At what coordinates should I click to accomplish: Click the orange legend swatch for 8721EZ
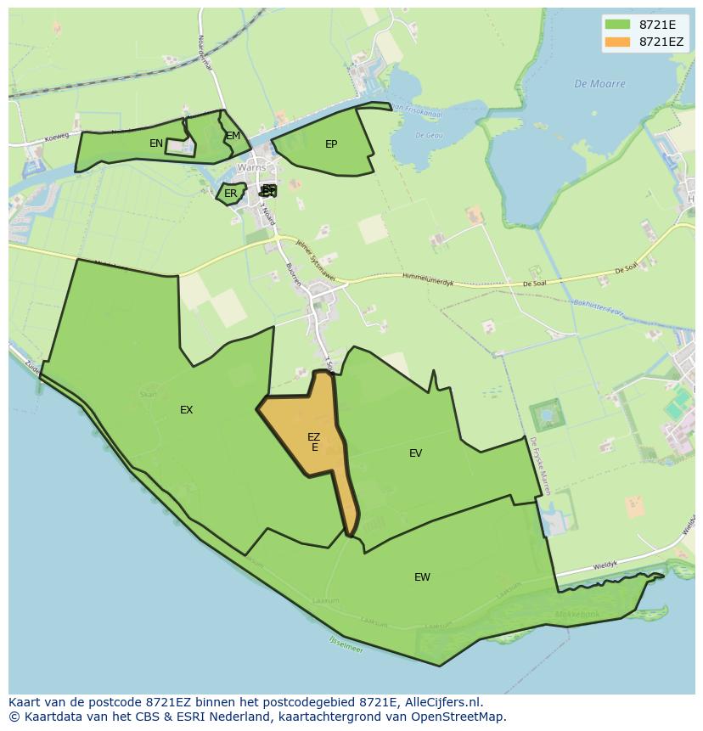[x=617, y=42]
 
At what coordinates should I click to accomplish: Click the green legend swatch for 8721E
[x=617, y=24]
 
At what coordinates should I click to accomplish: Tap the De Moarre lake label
[x=599, y=84]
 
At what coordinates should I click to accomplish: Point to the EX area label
[x=186, y=410]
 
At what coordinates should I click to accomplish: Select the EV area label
[x=415, y=453]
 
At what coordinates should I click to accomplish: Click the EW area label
[x=422, y=577]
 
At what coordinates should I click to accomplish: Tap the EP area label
[x=331, y=144]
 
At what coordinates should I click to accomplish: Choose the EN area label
[x=156, y=143]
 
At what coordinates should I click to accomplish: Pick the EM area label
[x=233, y=136]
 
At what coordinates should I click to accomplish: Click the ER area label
[x=231, y=194]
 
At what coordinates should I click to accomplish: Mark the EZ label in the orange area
[x=314, y=437]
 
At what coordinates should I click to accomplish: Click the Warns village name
[x=251, y=167]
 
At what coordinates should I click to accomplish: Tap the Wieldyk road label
[x=605, y=565]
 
